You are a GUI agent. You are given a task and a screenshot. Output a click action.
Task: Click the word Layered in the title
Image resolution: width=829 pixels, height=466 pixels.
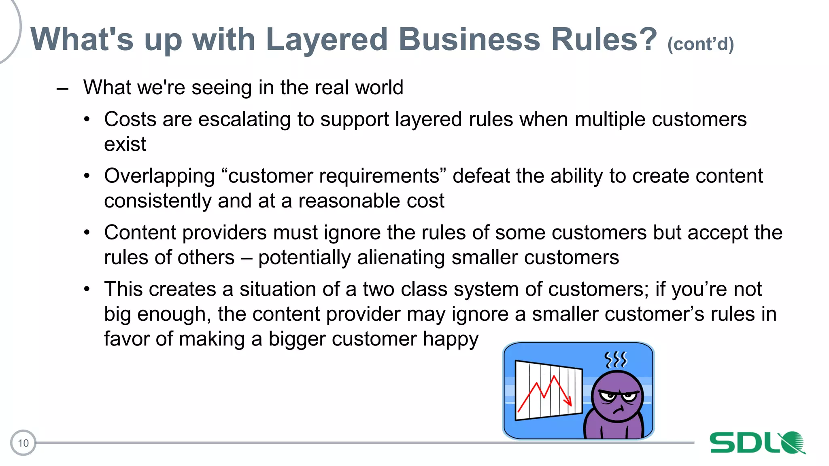[x=327, y=40]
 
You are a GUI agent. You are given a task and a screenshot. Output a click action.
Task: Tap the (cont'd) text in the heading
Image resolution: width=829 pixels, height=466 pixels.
[x=700, y=44]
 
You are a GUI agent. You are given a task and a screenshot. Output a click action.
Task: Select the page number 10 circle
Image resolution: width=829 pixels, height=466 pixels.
[x=23, y=443]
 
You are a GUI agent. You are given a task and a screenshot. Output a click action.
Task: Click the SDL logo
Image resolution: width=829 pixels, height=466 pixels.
[x=757, y=443]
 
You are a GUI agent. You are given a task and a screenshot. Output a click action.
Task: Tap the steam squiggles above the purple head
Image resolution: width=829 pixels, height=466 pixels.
[x=615, y=359]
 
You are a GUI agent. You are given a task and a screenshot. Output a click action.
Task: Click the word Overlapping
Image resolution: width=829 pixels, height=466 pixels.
[x=159, y=176]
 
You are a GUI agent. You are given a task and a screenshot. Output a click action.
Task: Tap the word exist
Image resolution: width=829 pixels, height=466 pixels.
[x=125, y=144]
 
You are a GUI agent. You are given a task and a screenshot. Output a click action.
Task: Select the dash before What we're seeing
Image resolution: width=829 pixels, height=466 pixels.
[x=62, y=88]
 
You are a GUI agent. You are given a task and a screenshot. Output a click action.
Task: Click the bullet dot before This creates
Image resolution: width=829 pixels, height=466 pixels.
[x=87, y=290]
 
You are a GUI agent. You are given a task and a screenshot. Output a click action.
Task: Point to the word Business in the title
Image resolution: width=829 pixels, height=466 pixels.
[x=469, y=40]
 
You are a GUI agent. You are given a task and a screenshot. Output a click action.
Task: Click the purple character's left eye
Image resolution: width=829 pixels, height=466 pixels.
[x=608, y=396]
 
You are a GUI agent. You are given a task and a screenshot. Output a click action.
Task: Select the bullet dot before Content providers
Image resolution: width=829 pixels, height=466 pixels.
[x=87, y=233]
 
